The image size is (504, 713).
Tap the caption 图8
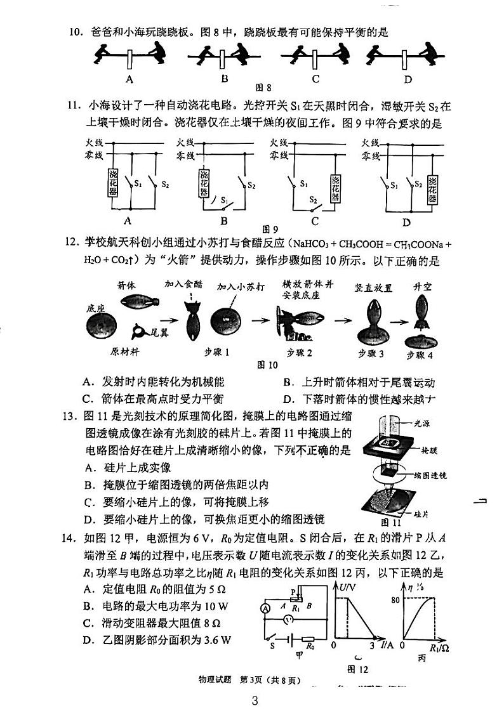(263, 88)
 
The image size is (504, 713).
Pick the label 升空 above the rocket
(422, 287)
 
